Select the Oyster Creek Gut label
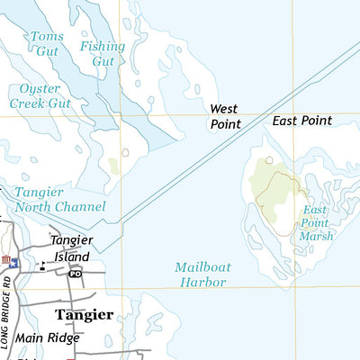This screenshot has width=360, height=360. coord(39,95)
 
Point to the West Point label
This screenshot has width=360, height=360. coord(225,116)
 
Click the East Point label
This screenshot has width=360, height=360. coord(302,120)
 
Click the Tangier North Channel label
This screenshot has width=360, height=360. coord(59,199)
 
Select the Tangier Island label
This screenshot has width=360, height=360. coord(71,247)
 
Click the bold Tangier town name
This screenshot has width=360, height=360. coord(84,315)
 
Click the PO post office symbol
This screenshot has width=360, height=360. coord(76,273)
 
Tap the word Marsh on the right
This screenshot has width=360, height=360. coord(317,236)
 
